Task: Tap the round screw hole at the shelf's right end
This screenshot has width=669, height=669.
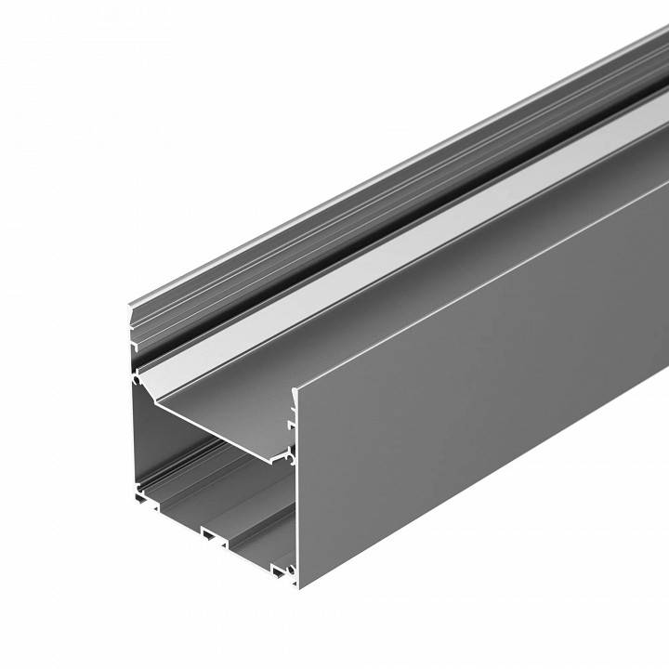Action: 291,457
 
